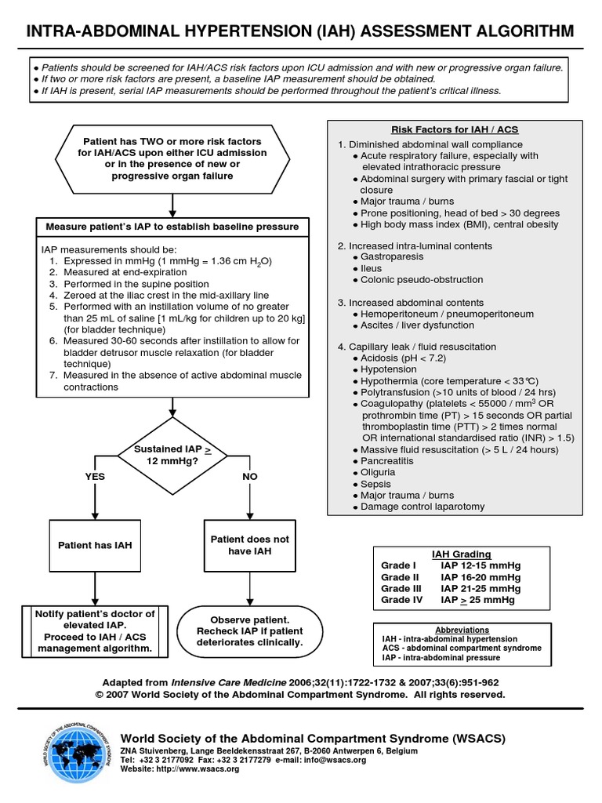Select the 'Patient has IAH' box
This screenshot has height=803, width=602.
pos(95,545)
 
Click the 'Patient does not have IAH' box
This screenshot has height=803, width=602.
pos(250,545)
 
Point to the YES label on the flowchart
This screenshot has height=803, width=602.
pos(95,476)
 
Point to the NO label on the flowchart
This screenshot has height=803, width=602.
pos(250,476)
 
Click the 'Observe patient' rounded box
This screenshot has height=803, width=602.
pos(249,630)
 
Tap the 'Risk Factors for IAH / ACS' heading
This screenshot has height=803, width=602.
pos(454,129)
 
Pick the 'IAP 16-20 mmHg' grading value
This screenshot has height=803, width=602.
pos(481,576)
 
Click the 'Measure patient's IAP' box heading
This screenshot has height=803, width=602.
pos(172,227)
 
